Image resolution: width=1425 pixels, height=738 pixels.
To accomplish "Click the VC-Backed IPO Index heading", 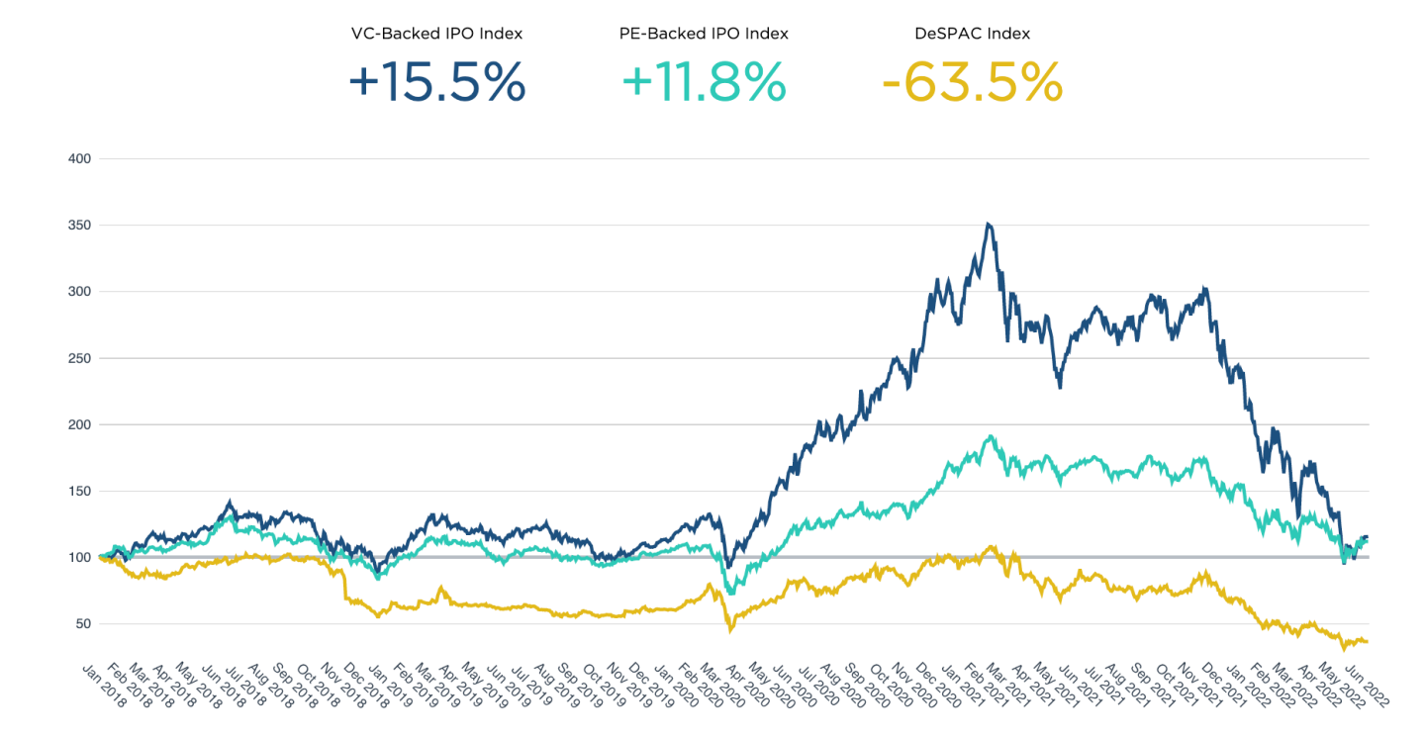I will click(436, 34).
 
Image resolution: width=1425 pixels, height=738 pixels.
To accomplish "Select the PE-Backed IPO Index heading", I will click(704, 34).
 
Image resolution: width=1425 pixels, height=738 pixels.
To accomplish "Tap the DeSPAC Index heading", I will click(972, 34).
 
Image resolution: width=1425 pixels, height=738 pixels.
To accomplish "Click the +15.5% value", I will click(436, 82).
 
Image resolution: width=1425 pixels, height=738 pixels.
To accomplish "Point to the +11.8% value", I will click(704, 82).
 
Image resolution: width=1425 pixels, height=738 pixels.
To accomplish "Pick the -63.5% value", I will click(972, 82).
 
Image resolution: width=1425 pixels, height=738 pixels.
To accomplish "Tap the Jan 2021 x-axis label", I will click(942, 683).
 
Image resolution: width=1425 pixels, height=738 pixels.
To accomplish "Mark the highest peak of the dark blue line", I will click(988, 224).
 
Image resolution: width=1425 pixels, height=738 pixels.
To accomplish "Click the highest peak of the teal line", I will click(990, 436).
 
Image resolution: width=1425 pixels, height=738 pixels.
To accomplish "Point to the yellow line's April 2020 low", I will click(730, 630).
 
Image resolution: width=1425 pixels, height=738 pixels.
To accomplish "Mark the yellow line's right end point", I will click(1368, 642).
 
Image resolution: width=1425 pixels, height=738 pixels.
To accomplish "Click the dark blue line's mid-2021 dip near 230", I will click(1060, 387).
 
